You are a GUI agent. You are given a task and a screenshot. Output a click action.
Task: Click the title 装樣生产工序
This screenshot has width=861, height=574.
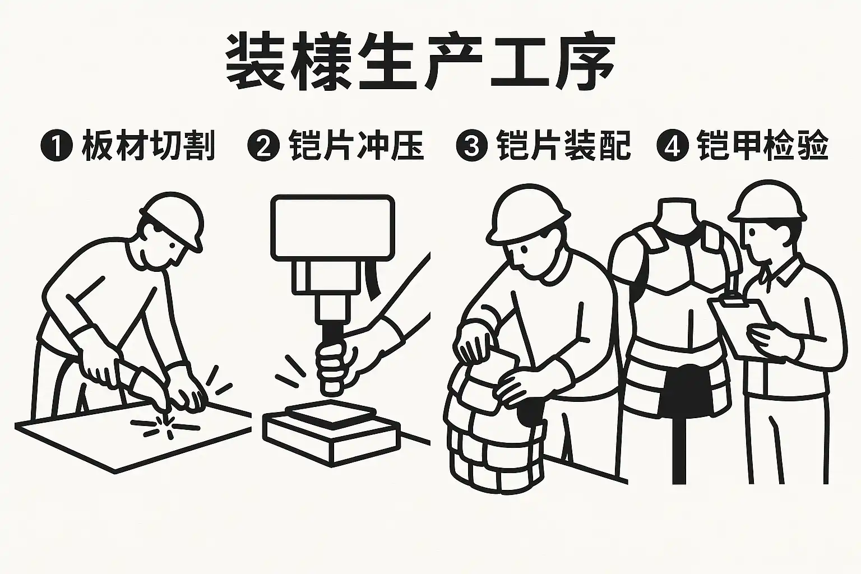[420, 62]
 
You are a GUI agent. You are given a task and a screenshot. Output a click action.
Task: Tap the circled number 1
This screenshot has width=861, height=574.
[57, 145]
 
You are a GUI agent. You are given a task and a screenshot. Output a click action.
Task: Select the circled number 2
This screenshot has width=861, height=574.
[263, 145]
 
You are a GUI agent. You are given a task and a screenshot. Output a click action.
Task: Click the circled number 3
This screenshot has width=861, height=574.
[472, 145]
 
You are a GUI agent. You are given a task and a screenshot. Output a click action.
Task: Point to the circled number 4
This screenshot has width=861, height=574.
[673, 145]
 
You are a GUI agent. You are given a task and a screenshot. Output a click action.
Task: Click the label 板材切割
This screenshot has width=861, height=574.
[149, 145]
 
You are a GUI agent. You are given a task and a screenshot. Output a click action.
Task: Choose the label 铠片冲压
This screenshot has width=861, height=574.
[357, 145]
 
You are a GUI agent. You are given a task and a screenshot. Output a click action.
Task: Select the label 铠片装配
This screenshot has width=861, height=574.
[564, 145]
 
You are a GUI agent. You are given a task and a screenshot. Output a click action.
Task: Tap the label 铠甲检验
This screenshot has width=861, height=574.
[763, 145]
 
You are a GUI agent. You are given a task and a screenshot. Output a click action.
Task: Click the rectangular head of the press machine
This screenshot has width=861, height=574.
[333, 228]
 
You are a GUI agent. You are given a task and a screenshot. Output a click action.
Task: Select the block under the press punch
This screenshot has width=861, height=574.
[331, 433]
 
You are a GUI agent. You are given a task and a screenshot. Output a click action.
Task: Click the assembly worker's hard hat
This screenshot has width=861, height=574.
[526, 214]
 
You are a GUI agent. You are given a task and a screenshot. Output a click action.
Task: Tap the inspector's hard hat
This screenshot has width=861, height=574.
[769, 202]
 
